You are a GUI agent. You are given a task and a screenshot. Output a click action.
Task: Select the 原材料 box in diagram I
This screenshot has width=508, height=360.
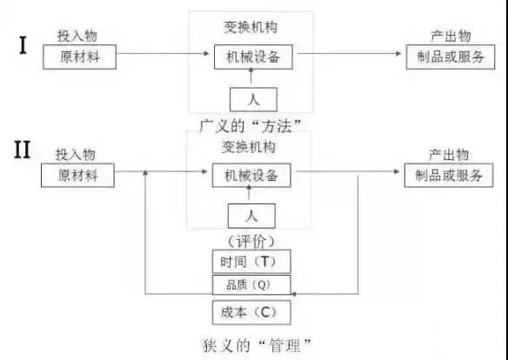tap(78, 57)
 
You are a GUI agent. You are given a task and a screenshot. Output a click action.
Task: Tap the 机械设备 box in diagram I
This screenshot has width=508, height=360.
tap(254, 57)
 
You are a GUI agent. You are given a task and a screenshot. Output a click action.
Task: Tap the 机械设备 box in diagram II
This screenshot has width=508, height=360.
tap(251, 175)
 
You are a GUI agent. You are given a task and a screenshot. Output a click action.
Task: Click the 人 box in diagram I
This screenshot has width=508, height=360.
tap(253, 97)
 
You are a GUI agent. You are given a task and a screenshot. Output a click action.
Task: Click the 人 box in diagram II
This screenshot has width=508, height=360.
tap(251, 215)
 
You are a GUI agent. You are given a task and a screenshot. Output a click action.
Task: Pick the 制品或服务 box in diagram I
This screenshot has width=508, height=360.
tap(451, 57)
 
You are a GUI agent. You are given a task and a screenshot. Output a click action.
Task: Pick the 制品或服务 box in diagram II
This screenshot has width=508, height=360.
tap(447, 175)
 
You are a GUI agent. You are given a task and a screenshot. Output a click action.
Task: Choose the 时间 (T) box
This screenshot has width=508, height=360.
tap(250, 262)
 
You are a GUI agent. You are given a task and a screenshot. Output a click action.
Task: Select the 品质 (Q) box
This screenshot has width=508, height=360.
tap(250, 283)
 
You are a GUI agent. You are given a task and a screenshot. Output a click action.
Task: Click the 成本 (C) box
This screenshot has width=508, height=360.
tap(250, 310)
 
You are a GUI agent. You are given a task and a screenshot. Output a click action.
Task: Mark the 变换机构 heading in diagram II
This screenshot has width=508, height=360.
tap(251, 146)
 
